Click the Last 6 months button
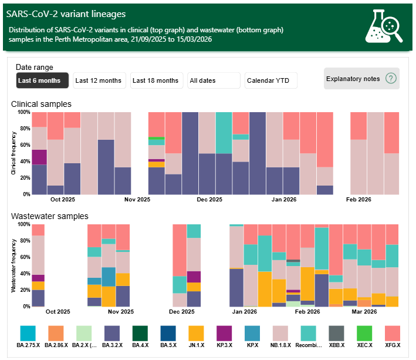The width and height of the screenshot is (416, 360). [42, 80]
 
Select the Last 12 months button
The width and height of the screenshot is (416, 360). [99, 80]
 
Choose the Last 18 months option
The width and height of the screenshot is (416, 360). [155, 80]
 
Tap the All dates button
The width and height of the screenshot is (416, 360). [214, 80]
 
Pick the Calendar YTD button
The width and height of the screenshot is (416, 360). [271, 80]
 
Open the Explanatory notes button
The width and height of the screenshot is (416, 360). [361, 79]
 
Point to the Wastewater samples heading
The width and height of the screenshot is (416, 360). [50, 216]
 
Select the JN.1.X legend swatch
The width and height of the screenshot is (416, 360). [197, 334]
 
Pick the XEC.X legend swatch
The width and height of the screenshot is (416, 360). [366, 334]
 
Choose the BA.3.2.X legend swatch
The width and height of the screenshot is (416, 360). [112, 334]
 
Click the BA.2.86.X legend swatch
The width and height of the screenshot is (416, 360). [56, 334]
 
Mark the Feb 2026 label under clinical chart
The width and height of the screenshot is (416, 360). [359, 200]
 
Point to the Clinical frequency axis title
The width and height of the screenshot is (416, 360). [13, 152]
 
